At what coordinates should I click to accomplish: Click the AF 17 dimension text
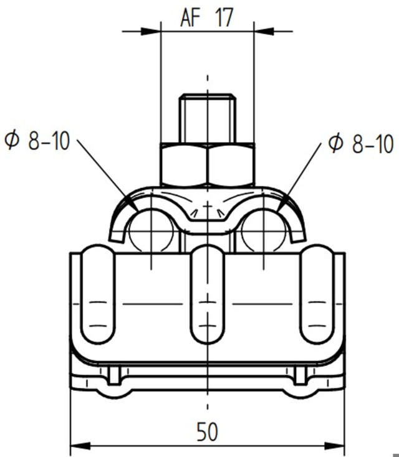(x=207, y=18)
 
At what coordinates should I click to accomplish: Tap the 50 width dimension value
(x=207, y=432)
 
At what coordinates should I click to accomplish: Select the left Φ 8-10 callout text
(x=37, y=141)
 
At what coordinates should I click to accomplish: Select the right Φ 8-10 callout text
(x=361, y=143)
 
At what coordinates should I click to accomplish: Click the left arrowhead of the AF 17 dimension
(x=151, y=31)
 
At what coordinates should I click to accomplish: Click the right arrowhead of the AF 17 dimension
(x=264, y=31)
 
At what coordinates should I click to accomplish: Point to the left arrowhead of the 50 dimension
(x=80, y=446)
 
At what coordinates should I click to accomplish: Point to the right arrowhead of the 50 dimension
(x=335, y=446)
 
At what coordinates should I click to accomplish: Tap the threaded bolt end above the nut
(x=208, y=118)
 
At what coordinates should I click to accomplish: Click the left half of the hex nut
(x=184, y=164)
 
